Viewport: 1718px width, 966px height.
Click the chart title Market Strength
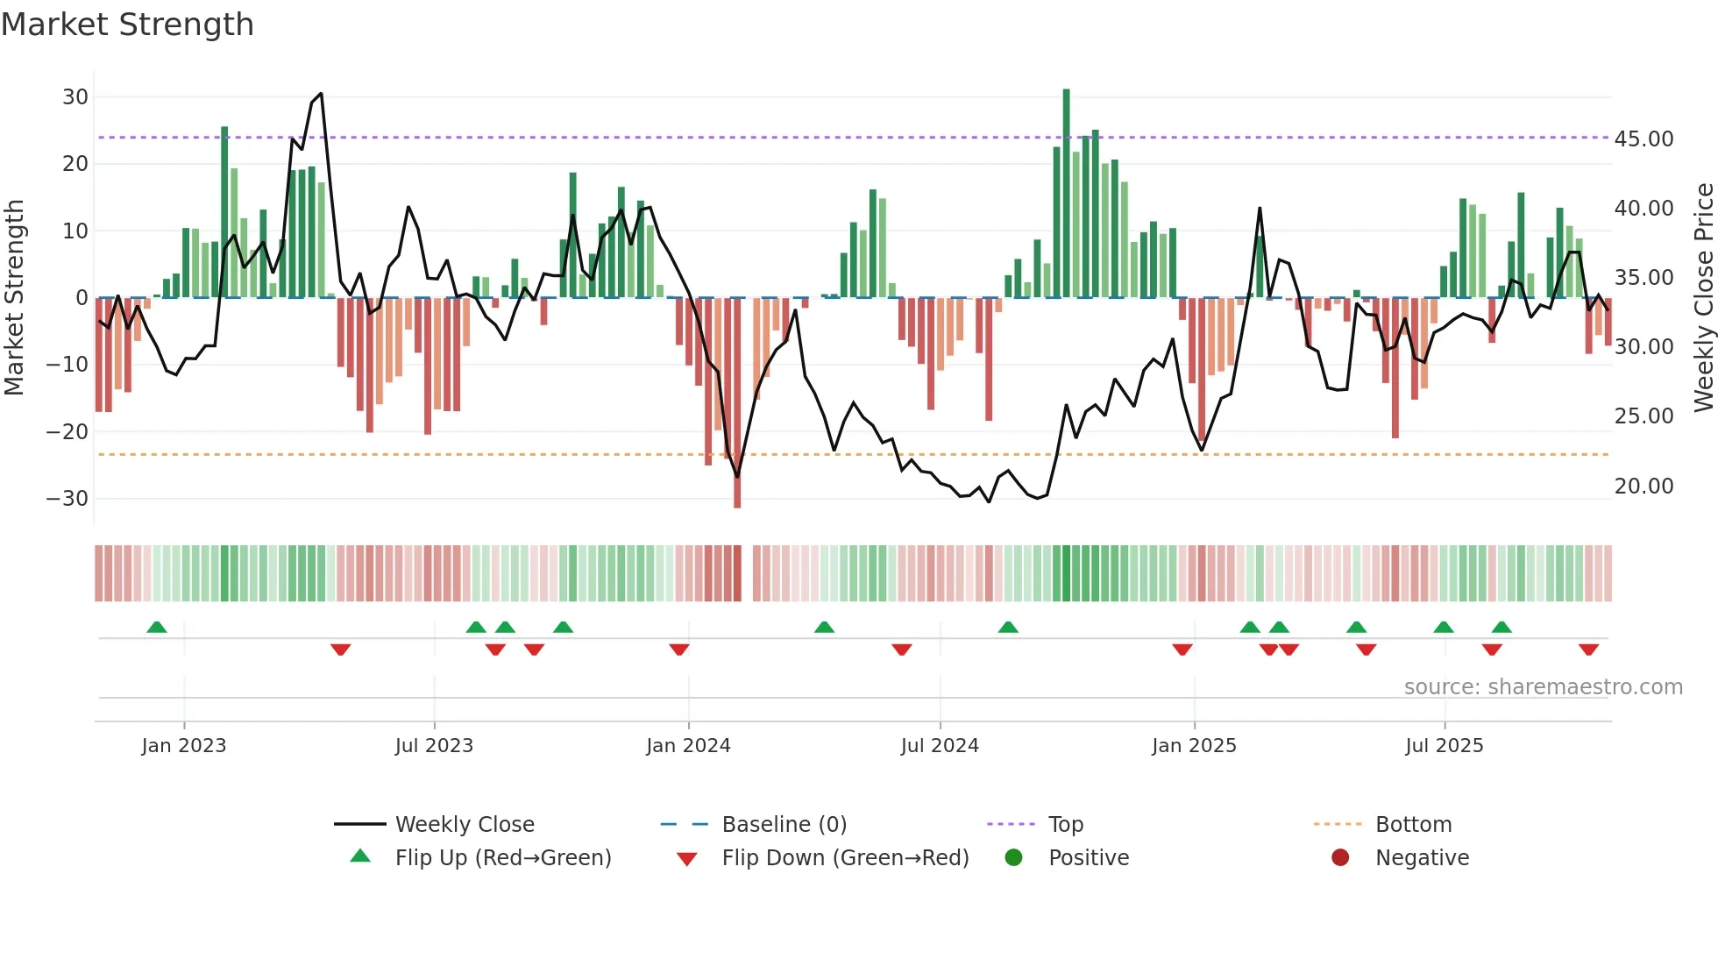(128, 25)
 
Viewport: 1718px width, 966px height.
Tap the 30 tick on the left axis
(75, 97)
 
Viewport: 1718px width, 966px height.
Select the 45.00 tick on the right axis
(1643, 139)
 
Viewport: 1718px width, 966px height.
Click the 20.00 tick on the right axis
(1643, 487)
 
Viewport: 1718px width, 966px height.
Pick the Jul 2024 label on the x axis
(940, 746)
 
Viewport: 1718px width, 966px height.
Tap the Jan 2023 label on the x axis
(184, 746)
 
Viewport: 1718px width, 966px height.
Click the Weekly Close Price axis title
(1703, 297)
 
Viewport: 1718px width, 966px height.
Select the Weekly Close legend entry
(464, 825)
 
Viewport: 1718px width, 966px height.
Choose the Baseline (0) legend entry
(784, 825)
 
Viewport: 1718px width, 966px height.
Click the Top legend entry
(1065, 825)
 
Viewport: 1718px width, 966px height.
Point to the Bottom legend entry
(1413, 825)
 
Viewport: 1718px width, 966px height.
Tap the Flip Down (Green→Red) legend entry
(845, 858)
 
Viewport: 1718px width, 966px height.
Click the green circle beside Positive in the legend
(1013, 858)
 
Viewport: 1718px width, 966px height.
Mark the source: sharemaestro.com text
(1543, 687)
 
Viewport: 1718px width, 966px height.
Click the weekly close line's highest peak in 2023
(321, 94)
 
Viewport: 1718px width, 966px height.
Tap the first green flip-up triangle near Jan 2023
(157, 628)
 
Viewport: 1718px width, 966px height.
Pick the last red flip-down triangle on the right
(1588, 650)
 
